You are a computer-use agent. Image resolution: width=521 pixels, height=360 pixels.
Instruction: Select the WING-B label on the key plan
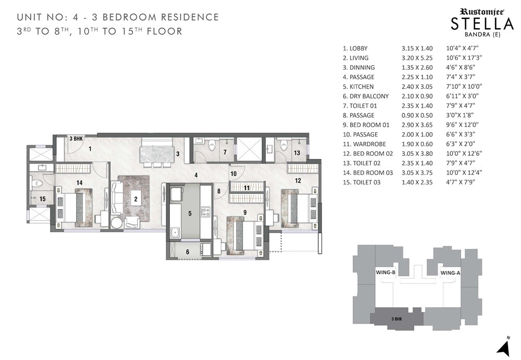coord(386,272)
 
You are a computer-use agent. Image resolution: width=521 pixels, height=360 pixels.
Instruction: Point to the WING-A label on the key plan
coord(450,272)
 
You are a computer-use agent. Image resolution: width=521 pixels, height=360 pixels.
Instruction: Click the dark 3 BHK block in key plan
coord(396,318)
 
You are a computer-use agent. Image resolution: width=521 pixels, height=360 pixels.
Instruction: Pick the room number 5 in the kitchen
coord(190,213)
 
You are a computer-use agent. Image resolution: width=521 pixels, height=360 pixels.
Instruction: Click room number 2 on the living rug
coord(135,198)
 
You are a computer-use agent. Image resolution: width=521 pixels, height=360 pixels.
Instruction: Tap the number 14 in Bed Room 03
coord(80,182)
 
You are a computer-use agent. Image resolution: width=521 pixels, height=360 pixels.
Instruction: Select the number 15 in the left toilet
coord(43,198)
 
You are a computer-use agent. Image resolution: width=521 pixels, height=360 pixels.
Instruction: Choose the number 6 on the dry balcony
coord(188,252)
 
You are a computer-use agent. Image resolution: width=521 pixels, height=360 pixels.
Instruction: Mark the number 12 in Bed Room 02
coord(298,181)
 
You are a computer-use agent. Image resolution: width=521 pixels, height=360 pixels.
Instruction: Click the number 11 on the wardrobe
coord(247,187)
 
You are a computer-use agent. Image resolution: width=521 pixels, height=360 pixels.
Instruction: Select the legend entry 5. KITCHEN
coord(358,86)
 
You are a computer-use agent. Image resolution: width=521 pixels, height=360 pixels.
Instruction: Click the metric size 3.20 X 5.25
coord(417,58)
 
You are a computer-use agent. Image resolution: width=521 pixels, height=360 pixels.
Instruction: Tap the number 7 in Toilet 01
coord(225,152)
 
